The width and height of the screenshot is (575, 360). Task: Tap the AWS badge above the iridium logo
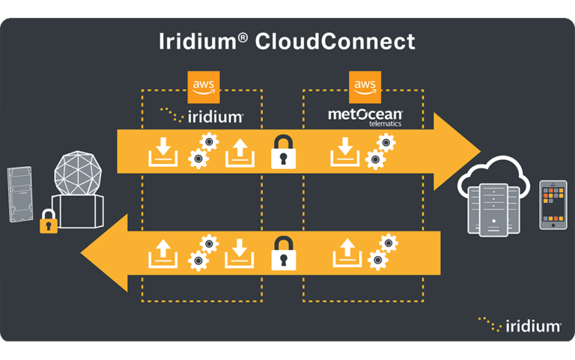click(202, 87)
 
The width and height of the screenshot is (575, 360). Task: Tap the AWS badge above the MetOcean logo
click(365, 87)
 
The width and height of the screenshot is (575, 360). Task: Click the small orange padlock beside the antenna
click(48, 221)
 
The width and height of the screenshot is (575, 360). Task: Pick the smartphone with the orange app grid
click(553, 204)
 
